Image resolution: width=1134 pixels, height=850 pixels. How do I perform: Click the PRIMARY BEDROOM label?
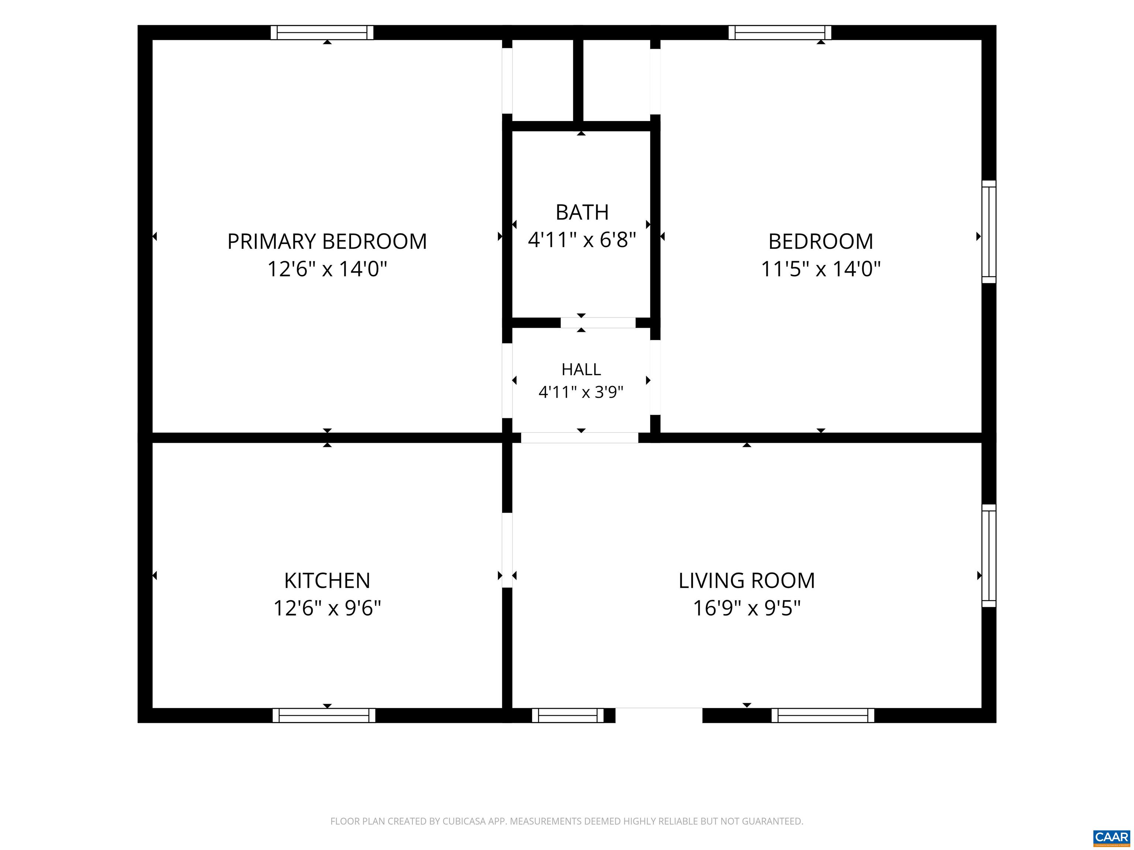point(327,241)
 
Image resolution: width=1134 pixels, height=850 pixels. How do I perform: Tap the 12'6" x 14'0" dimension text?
point(327,269)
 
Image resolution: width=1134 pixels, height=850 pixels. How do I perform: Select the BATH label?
point(582,212)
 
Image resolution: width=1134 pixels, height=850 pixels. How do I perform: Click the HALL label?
point(581,369)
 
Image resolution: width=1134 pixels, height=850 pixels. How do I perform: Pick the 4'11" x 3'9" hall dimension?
point(581,392)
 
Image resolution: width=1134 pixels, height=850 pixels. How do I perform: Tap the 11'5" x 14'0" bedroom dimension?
point(820,269)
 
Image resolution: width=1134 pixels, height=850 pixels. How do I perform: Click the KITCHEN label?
point(327,580)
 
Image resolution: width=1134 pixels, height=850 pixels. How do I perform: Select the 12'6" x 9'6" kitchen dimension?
point(327,608)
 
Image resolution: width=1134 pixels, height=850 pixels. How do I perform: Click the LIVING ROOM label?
point(746,580)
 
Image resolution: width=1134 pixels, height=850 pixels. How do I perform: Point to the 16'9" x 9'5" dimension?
point(746,608)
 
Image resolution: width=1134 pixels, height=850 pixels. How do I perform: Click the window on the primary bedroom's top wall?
point(322,32)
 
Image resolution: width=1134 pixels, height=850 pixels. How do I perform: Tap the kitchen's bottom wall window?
point(324,715)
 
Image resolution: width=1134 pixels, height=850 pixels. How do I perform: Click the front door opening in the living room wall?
point(659,715)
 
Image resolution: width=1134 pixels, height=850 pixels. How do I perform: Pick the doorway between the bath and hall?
point(598,323)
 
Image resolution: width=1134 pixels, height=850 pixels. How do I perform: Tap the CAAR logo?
point(1111,837)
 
